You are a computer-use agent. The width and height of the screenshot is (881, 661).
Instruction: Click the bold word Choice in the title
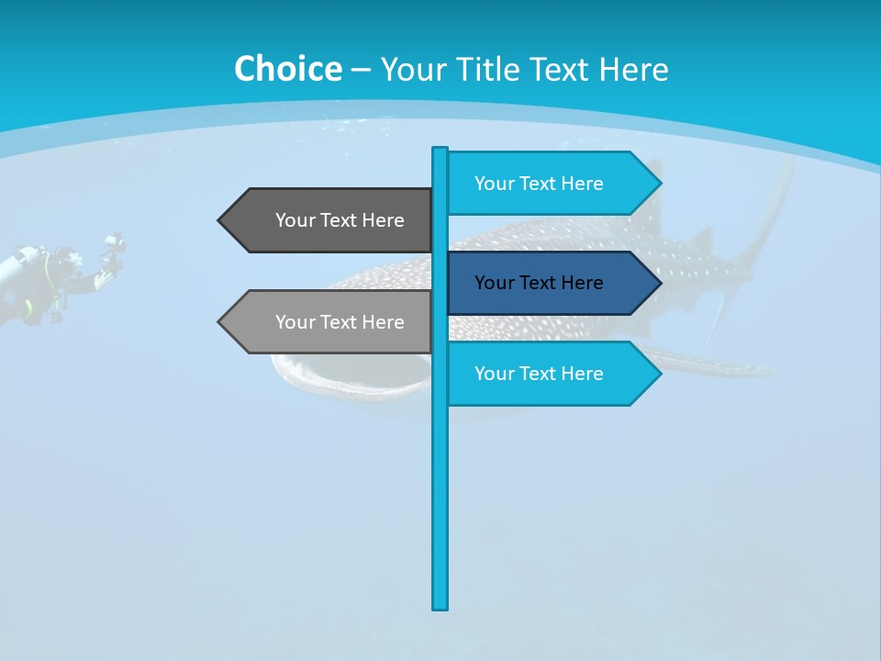[x=287, y=69]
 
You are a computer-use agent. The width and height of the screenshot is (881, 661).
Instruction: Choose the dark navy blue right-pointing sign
[x=546, y=283]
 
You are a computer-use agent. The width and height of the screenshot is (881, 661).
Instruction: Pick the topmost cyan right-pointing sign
[x=546, y=184]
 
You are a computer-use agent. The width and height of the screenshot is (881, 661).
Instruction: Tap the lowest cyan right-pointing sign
[x=546, y=374]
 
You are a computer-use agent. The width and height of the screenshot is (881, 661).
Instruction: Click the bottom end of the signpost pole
[x=440, y=606]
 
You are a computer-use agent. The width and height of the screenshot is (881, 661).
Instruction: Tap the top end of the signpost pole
[x=440, y=150]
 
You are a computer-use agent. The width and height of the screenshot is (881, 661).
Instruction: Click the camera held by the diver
[x=114, y=246]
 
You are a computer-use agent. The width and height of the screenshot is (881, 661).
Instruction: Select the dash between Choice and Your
[x=361, y=70]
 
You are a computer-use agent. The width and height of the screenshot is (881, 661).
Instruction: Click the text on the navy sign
[x=539, y=283]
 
